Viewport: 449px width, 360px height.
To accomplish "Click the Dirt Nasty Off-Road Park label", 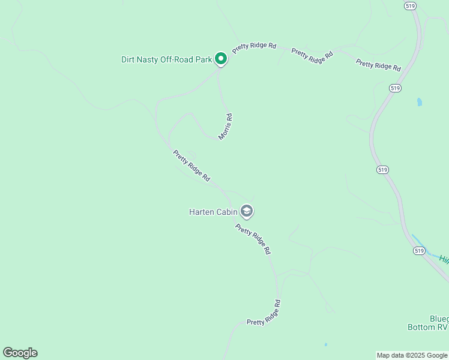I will click(x=167, y=59).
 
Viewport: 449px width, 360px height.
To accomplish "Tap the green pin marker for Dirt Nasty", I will click(x=221, y=59).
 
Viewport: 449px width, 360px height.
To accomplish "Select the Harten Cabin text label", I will click(x=213, y=212).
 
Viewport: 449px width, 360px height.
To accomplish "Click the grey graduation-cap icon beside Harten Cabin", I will click(x=246, y=211).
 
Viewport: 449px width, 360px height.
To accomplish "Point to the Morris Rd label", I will click(x=225, y=127).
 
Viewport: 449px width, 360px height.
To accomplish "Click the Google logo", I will click(x=20, y=353).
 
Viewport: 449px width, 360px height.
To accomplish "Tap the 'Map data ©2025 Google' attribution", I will click(x=412, y=356).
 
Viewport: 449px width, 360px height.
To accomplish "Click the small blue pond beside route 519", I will click(x=419, y=102).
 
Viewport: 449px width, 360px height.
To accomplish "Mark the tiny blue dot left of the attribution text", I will click(x=325, y=345).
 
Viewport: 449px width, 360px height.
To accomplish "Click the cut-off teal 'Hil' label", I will click(x=444, y=259).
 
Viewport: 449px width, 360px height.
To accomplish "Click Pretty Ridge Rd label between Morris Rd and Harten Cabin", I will click(x=191, y=166).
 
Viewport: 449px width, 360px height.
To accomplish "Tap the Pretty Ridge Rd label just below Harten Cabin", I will click(x=253, y=239).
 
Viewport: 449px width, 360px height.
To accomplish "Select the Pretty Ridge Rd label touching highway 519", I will click(x=378, y=65).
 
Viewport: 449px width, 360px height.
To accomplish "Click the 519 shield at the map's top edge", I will click(x=410, y=5).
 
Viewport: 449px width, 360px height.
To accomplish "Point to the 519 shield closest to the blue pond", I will click(x=394, y=88).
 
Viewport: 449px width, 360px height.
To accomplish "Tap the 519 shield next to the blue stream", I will click(x=419, y=250).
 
